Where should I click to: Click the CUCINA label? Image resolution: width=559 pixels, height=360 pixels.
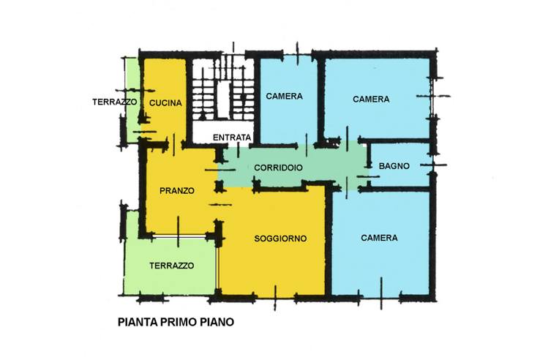pos(165,103)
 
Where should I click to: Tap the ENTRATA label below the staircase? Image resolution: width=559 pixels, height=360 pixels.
pos(232,138)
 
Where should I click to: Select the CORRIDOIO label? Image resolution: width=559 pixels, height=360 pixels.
pos(278,168)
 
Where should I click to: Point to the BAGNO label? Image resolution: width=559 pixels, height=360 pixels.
pos(394,166)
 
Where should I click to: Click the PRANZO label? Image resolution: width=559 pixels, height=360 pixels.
pos(177,191)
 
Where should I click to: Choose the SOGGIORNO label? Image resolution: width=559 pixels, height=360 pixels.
pos(280,239)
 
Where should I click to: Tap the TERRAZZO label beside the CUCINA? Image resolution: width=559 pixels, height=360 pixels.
pos(114,102)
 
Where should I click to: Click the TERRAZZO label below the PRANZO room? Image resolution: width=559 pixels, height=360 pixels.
pos(171,266)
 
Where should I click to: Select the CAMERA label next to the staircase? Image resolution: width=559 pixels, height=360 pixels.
pos(284,96)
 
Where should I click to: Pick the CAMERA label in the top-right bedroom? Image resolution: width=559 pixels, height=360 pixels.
pos(371,99)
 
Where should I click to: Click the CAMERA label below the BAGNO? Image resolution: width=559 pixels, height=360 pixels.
pos(379,238)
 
